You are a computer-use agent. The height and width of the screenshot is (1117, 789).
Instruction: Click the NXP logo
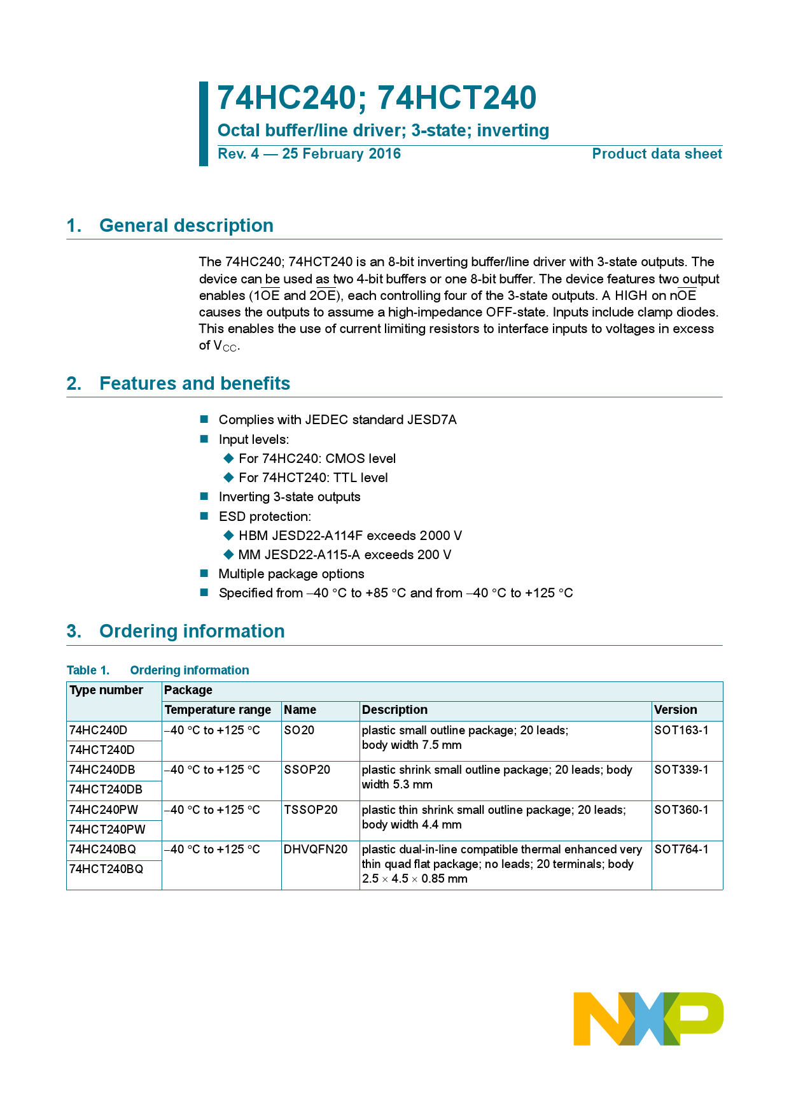[648, 1018]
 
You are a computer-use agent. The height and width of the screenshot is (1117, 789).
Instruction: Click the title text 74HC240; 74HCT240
[377, 98]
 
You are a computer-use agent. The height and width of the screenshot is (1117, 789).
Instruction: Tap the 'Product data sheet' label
[657, 154]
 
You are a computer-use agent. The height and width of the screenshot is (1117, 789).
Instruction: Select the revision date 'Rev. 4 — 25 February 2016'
[309, 154]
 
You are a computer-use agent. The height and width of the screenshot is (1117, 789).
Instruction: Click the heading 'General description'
[186, 225]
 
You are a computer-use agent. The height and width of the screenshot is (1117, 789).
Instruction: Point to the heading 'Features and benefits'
[195, 383]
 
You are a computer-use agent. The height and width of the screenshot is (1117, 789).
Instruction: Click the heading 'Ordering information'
[192, 631]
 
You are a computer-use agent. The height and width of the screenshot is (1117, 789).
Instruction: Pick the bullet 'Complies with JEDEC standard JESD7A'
[337, 420]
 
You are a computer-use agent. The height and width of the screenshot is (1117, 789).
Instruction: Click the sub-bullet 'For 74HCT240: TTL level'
[313, 478]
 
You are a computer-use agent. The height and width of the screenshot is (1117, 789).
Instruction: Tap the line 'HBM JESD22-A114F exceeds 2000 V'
[350, 536]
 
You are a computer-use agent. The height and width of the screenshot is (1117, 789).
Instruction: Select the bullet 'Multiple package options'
[291, 574]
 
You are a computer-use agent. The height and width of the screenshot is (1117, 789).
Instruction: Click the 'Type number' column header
[106, 690]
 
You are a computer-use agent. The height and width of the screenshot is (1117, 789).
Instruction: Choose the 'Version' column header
[676, 710]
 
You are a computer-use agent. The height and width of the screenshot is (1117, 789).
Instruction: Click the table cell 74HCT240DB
[106, 790]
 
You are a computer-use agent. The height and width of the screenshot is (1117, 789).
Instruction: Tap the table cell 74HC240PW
[104, 810]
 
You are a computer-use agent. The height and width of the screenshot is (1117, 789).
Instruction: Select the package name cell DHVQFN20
[316, 850]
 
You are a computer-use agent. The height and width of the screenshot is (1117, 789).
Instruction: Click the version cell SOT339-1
[681, 770]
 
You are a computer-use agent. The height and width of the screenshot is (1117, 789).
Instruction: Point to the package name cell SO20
[299, 730]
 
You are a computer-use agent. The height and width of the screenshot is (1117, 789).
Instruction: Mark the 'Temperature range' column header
[218, 710]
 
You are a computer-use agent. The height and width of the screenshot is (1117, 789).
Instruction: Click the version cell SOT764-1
[681, 850]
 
